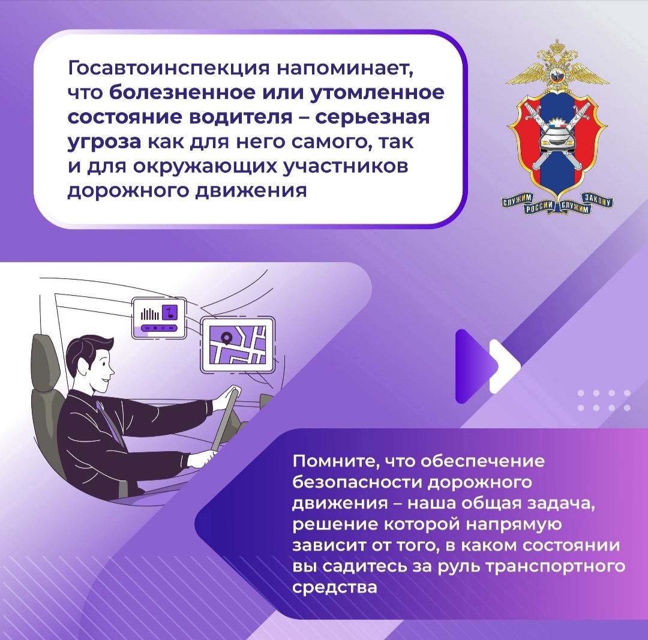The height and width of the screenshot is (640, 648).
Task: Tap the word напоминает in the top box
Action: click(x=345, y=68)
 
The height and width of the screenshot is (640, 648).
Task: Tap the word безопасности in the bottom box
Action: click(x=356, y=483)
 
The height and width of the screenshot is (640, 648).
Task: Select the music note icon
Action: click(x=169, y=313)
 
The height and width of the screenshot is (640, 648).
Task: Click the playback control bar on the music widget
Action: click(x=159, y=328)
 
